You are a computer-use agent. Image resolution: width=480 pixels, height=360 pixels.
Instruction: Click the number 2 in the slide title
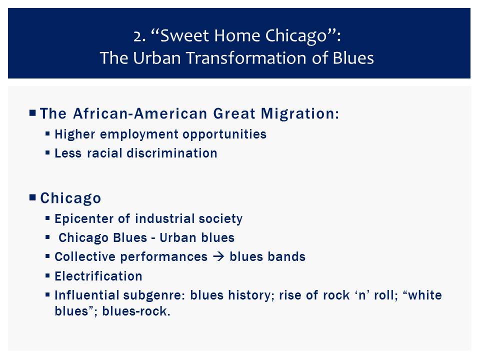137,36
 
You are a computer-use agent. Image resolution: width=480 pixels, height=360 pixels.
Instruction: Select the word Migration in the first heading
300,113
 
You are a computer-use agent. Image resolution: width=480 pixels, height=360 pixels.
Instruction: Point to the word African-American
140,113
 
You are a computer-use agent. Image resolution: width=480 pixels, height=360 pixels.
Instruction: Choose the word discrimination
172,153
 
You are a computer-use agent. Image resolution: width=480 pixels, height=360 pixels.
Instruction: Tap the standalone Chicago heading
70,198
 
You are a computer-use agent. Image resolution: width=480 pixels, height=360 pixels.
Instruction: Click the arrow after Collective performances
218,256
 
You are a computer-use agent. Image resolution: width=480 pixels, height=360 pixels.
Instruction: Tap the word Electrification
98,276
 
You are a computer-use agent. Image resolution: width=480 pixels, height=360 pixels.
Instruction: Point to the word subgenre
154,295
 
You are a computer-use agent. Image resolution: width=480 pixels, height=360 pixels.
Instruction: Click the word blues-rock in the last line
136,311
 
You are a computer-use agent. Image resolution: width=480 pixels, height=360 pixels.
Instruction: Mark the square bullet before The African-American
32,112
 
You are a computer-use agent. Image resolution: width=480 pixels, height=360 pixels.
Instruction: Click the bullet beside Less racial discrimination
47,152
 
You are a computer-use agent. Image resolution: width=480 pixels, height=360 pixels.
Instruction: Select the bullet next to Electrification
47,275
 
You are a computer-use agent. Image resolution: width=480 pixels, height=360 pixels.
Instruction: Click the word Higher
74,134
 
